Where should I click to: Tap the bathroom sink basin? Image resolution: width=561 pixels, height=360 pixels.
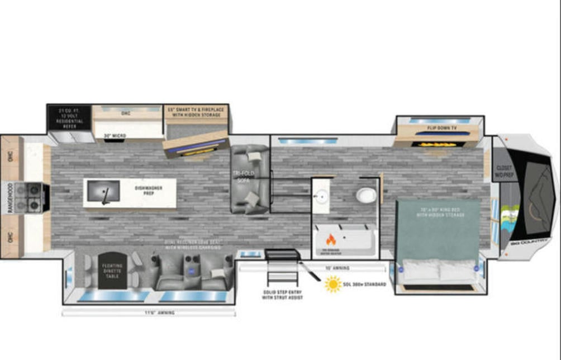pyautogui.click(x=322, y=196)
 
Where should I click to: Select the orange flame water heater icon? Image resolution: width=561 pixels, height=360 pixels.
pyautogui.click(x=331, y=239)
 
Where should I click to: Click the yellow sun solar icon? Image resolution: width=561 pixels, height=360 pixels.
pyautogui.click(x=333, y=284)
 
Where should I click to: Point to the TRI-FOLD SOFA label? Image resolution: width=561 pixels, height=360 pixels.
pyautogui.click(x=243, y=178)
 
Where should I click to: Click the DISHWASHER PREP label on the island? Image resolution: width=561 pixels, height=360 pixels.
pyautogui.click(x=149, y=191)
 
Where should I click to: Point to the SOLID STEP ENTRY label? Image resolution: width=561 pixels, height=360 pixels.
pyautogui.click(x=283, y=295)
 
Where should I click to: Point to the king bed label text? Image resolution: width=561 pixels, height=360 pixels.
pyautogui.click(x=438, y=213)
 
